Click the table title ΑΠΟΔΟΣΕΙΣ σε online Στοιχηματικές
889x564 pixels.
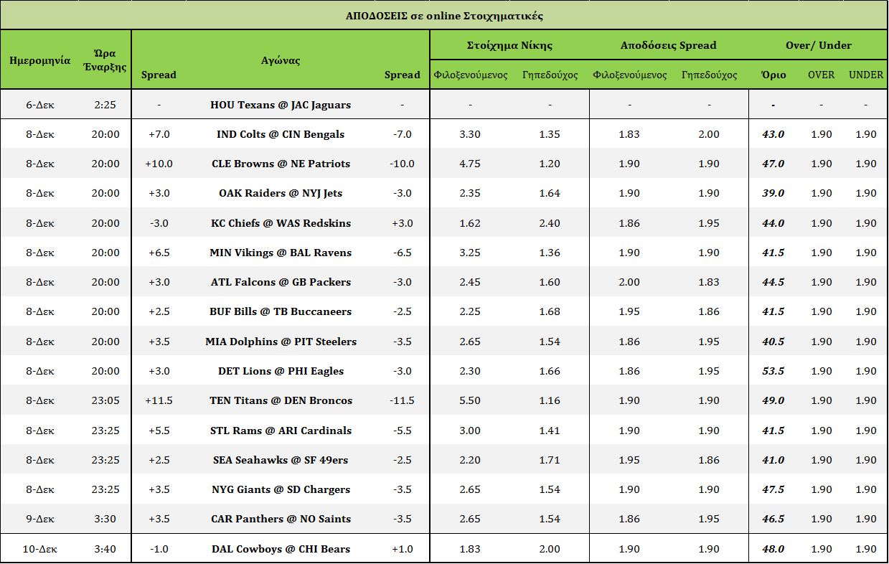click(444, 16)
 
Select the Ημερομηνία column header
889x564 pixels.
click(39, 60)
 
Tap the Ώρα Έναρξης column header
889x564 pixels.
click(105, 60)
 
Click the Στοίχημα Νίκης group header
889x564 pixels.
click(509, 45)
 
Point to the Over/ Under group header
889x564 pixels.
click(819, 45)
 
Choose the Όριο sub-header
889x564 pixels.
click(773, 75)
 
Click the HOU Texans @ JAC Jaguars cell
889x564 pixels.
click(281, 105)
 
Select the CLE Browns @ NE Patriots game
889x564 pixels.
click(281, 164)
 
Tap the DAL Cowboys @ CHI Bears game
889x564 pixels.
click(281, 549)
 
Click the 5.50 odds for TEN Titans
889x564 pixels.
click(470, 400)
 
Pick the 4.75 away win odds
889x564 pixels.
click(470, 164)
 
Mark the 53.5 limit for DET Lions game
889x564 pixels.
click(773, 371)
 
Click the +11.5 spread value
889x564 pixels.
click(159, 400)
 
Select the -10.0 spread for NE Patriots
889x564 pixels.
click(402, 164)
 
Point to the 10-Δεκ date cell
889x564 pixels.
click(39, 549)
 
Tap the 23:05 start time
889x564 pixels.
click(105, 400)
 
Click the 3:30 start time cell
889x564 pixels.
click(105, 519)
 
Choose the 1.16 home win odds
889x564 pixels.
click(550, 400)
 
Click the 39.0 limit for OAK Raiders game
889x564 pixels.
click(773, 193)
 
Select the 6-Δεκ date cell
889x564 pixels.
click(39, 105)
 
